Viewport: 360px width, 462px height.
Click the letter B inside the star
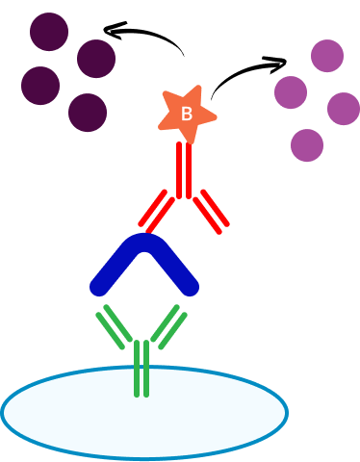(187, 114)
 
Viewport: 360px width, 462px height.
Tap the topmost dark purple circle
(49, 32)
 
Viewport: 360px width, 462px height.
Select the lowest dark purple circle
(88, 113)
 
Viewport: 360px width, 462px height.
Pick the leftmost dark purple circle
(40, 86)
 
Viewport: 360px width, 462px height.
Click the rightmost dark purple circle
(96, 59)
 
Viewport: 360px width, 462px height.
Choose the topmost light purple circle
(327, 56)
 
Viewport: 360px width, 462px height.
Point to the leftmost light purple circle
(291, 92)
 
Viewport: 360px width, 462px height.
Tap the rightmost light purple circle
(344, 109)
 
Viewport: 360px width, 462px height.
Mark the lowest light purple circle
(307, 145)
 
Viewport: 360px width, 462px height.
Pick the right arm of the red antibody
(211, 212)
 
